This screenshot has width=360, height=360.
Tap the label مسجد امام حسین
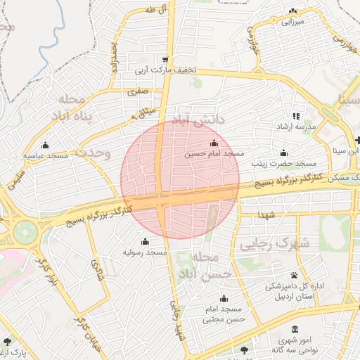[x=214, y=153]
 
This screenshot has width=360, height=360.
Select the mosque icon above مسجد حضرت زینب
[x=283, y=153]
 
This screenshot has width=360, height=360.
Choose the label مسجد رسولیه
[x=145, y=252]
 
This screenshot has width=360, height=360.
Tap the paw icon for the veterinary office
[x=294, y=275]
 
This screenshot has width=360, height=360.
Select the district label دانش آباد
[x=198, y=120]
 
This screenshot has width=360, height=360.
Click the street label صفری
[x=136, y=91]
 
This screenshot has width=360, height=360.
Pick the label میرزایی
[x=292, y=22]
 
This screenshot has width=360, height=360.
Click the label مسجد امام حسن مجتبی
[x=224, y=314]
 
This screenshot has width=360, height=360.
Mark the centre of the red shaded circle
[x=180, y=180]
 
